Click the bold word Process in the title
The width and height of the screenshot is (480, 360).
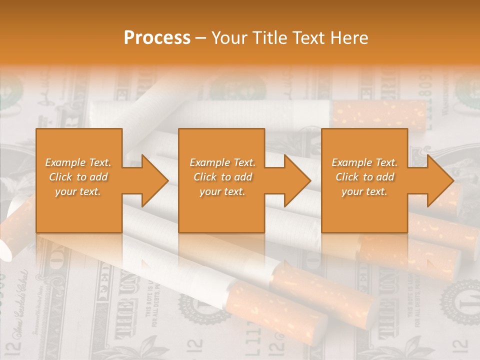point(157,38)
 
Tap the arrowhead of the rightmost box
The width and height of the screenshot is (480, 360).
point(440,180)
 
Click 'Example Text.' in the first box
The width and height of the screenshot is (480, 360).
point(78,162)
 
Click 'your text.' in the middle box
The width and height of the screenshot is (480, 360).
point(222,191)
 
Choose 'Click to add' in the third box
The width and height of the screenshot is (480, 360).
point(364,177)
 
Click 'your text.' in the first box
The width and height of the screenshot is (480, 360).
point(78,191)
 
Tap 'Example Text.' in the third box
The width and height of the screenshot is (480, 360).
point(364,162)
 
